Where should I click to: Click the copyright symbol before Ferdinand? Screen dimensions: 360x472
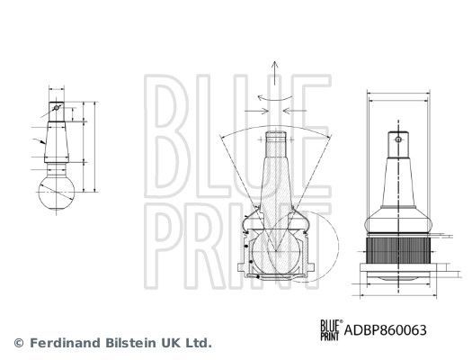(x=18, y=343)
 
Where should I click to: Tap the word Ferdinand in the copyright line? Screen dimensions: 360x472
(x=64, y=343)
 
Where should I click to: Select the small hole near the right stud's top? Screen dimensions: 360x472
(x=396, y=139)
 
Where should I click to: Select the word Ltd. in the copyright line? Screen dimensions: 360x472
(x=197, y=343)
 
